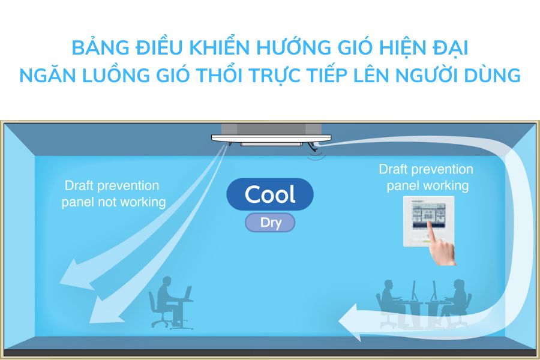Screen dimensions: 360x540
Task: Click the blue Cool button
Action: click(270, 194)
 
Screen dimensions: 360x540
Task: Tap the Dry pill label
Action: click(270, 223)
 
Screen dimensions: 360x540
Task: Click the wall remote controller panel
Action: click(428, 219)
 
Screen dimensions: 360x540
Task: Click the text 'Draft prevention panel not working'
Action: click(113, 194)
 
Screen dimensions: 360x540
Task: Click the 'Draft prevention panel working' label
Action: click(426, 177)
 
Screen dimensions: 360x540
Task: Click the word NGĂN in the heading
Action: click(45, 76)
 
